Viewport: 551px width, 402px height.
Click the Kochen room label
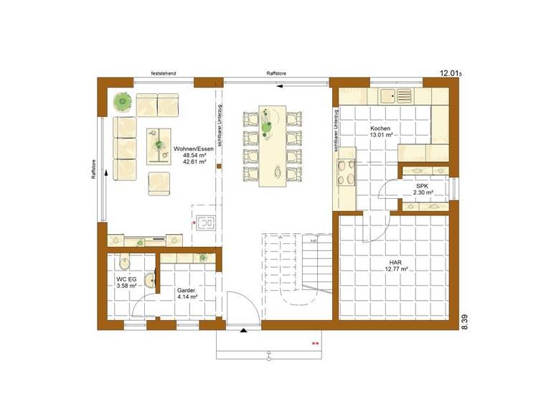coord(380,131)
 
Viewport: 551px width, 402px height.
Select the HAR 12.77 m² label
coord(394,265)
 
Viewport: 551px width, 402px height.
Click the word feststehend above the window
coord(164,74)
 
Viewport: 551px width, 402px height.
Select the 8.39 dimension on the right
coord(465,322)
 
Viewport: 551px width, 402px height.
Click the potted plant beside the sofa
coord(123,103)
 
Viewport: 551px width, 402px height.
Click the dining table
coord(276,149)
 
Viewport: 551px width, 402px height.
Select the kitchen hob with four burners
coord(345,172)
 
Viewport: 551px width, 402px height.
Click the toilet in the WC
coord(124,263)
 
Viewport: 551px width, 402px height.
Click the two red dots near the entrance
coord(314,344)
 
